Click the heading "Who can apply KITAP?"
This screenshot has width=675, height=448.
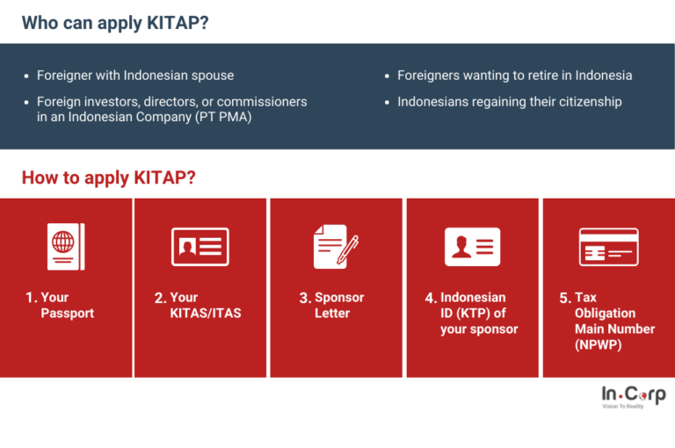[115, 23]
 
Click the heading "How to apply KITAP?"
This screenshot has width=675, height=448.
[108, 178]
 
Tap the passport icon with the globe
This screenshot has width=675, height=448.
[66, 246]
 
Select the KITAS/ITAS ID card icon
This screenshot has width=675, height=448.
[200, 247]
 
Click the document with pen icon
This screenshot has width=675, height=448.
[336, 246]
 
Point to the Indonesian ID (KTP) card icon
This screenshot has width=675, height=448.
[472, 247]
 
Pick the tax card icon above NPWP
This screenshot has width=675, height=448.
[608, 247]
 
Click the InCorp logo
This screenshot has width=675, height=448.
[633, 396]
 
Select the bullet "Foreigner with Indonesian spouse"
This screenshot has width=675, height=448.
[135, 76]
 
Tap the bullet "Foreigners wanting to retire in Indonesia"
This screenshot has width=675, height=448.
[514, 76]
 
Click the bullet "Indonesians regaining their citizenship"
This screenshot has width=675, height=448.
[509, 102]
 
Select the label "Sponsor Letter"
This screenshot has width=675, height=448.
[338, 305]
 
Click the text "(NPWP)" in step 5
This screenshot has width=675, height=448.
[598, 344]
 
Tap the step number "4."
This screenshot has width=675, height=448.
[431, 299]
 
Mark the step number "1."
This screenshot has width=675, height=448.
[31, 299]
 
